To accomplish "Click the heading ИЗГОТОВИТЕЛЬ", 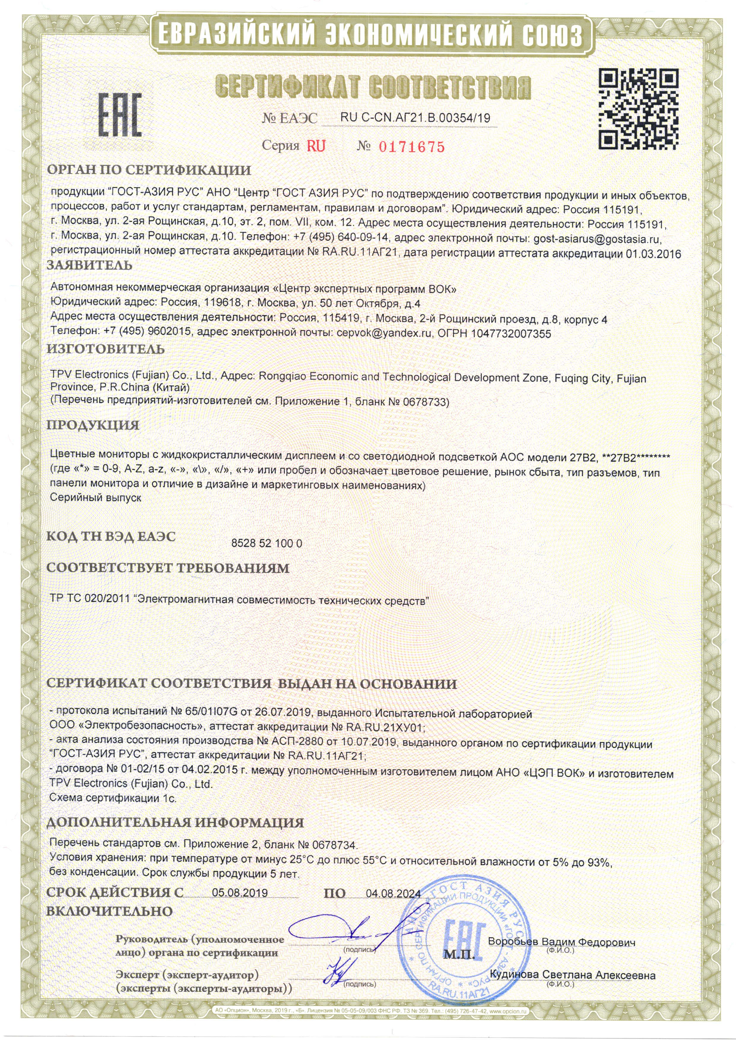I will [106, 349].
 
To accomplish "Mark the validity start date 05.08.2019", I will [240, 893].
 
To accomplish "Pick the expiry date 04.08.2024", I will [393, 894].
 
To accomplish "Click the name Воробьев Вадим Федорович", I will [561, 942].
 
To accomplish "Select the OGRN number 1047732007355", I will [511, 334].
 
